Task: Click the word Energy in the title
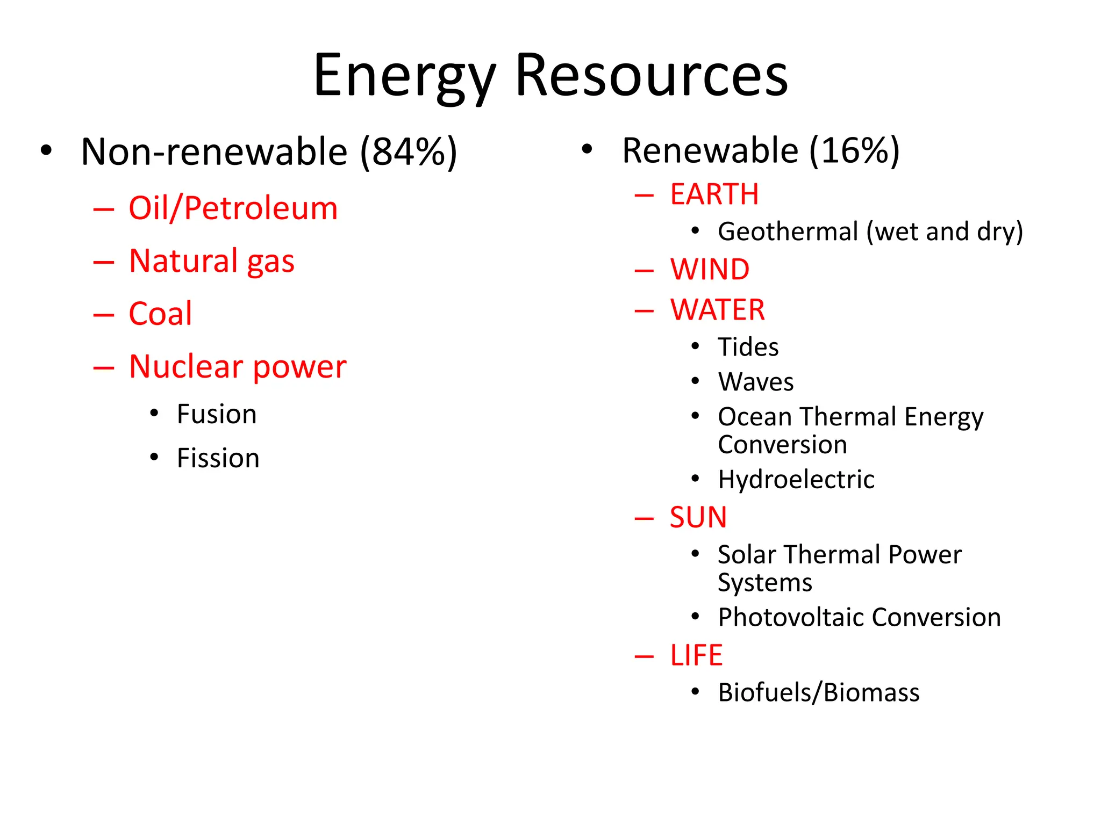[x=404, y=76]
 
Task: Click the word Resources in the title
[x=652, y=76]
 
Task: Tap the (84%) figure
[x=409, y=152]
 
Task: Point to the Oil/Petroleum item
[x=233, y=208]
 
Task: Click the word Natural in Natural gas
[x=183, y=261]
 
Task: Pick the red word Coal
[x=160, y=314]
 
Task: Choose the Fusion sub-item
[x=217, y=414]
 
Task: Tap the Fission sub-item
[x=218, y=458]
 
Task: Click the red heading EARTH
[x=714, y=194]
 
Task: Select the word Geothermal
[x=788, y=232]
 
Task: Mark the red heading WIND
[x=710, y=270]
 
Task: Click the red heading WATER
[x=718, y=310]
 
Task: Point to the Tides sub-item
[x=748, y=347]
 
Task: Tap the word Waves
[x=756, y=382]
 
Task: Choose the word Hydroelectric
[x=796, y=479]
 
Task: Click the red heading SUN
[x=698, y=518]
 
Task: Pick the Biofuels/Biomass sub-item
[x=819, y=692]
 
